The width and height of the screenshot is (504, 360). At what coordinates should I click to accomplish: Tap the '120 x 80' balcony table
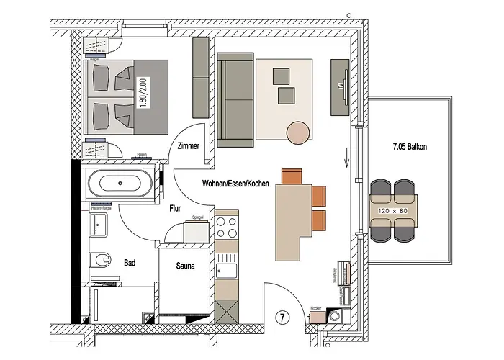point(392,212)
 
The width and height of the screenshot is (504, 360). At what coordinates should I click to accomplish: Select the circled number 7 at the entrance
point(283,318)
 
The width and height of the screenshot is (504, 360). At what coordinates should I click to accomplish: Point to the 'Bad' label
point(130,263)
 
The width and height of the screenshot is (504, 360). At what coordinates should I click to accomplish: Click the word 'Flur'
point(175,210)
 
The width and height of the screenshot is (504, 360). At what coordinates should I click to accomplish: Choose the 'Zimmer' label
point(187,146)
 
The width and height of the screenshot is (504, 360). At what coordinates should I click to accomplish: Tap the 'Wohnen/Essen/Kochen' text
point(235,184)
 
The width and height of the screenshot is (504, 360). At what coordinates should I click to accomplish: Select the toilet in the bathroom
point(101,258)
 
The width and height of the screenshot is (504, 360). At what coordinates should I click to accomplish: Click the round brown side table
point(298,132)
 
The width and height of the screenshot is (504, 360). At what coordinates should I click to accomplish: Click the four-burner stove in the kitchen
point(227,228)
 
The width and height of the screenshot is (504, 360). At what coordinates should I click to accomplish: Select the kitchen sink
point(226,271)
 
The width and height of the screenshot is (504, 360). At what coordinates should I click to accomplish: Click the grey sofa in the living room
point(236,99)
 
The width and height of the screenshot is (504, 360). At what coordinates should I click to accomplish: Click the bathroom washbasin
point(99,225)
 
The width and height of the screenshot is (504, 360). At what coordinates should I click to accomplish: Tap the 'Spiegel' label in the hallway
point(199,217)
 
